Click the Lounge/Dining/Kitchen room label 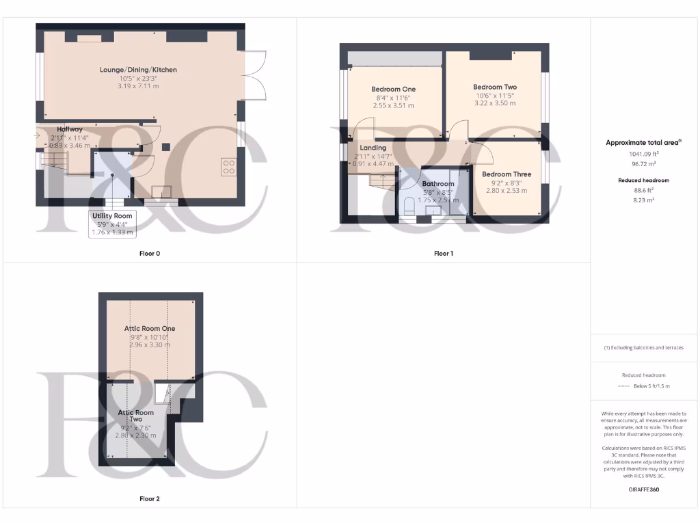coord(138,70)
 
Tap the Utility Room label coord(113,216)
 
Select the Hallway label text coord(70,129)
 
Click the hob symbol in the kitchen coord(228,167)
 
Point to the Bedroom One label coord(393,90)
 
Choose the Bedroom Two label coord(495,87)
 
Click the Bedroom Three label coord(506,174)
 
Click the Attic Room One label coord(150,329)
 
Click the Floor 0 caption coord(149,254)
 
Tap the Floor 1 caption coord(443,254)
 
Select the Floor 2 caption coord(149,499)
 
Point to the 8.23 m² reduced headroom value coord(644,200)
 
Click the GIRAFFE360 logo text coord(644,489)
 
